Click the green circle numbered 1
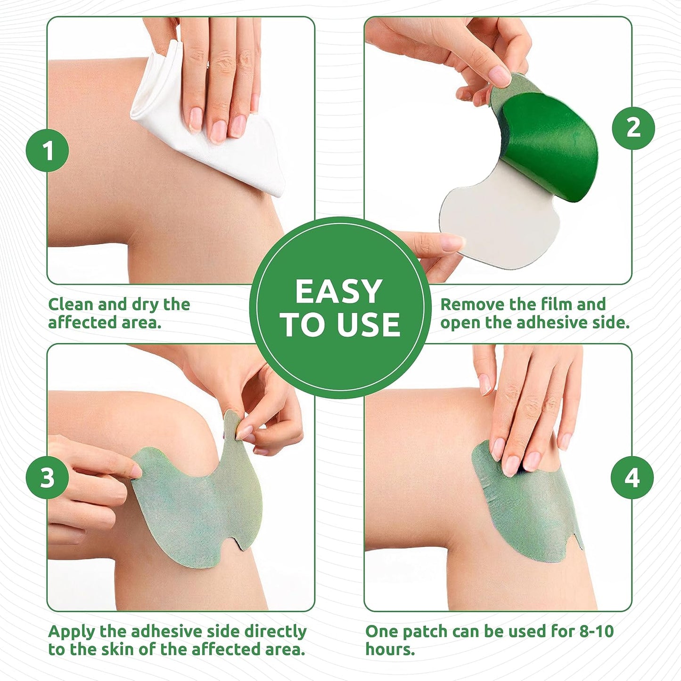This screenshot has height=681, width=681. point(48,150)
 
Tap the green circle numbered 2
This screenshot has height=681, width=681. point(633,128)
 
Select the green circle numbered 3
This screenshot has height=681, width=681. point(48,477)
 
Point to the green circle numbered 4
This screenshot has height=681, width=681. point(632,477)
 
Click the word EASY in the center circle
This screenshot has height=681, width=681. point(338,291)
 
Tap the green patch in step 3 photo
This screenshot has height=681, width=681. point(198,509)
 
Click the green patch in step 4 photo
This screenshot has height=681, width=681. point(528,514)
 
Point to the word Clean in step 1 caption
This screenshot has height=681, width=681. point(71,304)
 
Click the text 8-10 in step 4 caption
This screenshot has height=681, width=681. point(596,632)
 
